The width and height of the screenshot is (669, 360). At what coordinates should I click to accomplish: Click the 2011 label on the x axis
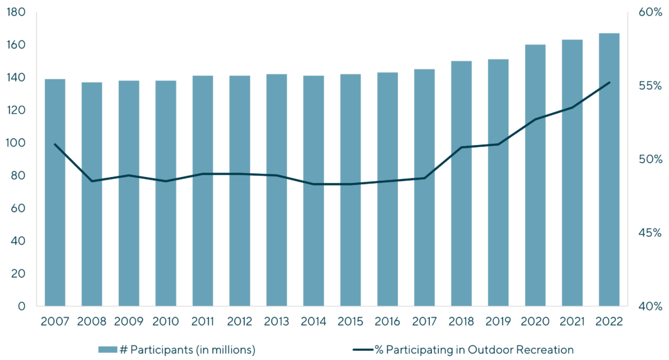point(203,321)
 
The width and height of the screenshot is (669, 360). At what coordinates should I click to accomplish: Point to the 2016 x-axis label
point(387,321)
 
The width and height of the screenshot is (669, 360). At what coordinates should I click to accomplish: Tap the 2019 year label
point(498,321)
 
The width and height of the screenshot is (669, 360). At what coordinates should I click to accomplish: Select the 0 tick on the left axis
point(22,306)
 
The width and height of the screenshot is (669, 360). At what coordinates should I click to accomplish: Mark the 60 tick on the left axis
point(18,208)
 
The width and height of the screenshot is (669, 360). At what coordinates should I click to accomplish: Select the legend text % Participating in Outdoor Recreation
point(474,350)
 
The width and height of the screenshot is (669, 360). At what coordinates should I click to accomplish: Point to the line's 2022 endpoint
point(610,82)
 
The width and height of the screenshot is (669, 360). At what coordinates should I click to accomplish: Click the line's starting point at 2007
point(55,144)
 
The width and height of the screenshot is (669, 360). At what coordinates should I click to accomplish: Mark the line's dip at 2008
point(92,181)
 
